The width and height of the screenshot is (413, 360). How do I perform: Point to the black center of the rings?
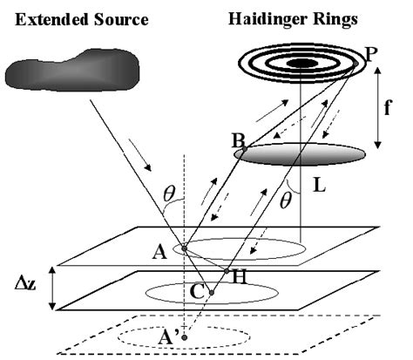coord(303,63)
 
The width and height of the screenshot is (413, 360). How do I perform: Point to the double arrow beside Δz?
coord(53,289)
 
